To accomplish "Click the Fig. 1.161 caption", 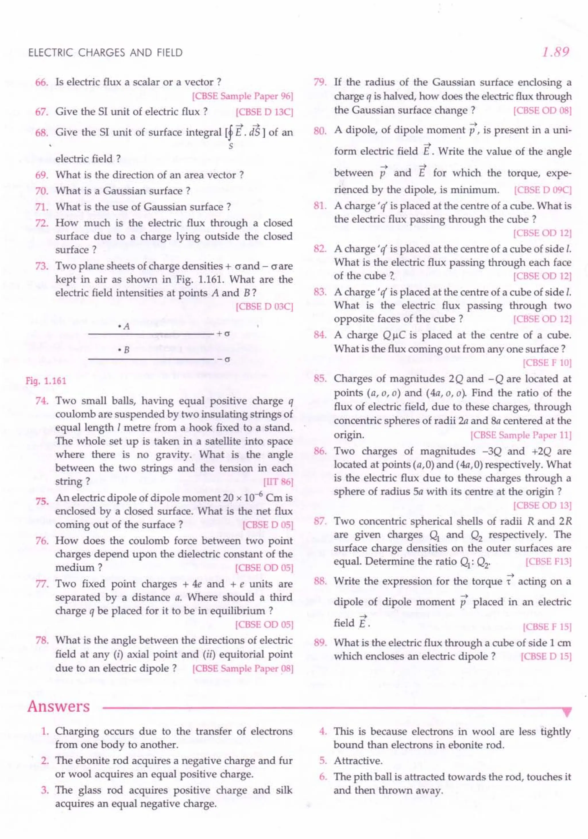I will click(x=46, y=381).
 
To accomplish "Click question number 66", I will click(x=42, y=82).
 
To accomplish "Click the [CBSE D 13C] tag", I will click(x=264, y=112).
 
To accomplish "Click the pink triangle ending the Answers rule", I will click(x=567, y=713).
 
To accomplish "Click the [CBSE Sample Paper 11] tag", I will click(x=521, y=435).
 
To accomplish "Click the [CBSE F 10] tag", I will click(x=547, y=363).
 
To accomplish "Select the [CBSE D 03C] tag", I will click(x=264, y=306).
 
